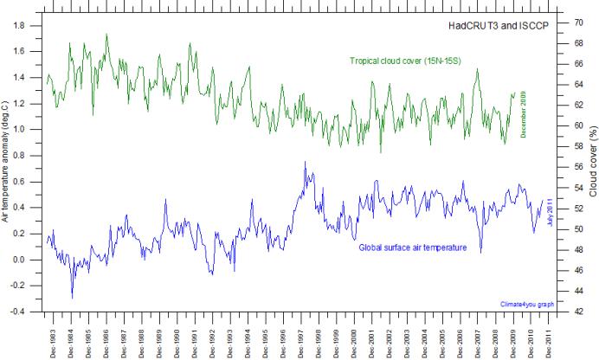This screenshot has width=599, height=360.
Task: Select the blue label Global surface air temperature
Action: (x=413, y=247)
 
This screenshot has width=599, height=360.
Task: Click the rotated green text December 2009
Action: (x=524, y=113)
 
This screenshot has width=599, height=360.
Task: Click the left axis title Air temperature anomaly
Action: (x=6, y=165)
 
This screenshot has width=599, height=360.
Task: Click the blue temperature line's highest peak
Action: (x=305, y=162)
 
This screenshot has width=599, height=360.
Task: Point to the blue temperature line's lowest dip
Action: (x=72, y=298)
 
